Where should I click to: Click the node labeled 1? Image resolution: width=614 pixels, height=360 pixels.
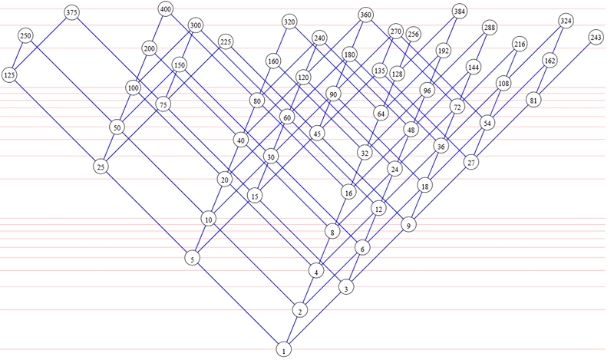click(284, 350)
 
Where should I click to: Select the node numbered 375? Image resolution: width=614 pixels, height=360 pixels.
click(72, 12)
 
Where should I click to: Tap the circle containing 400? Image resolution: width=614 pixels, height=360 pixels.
click(166, 9)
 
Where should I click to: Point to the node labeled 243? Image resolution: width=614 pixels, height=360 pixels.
click(596, 37)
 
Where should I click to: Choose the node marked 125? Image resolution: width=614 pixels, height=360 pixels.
click(10, 74)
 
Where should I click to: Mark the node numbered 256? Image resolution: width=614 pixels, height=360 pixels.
click(414, 34)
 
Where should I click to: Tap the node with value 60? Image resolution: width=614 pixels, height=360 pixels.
click(287, 117)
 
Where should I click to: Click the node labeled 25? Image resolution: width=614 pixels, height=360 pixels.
click(101, 166)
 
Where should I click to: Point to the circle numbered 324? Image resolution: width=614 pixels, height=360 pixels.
click(566, 20)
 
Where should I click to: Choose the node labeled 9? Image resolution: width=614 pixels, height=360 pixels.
click(409, 226)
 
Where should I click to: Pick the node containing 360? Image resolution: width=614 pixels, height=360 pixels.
click(365, 15)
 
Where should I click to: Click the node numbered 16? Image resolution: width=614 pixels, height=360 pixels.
click(348, 193)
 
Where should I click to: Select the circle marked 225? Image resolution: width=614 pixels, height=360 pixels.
click(226, 41)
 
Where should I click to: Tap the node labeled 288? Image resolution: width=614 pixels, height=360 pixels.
click(490, 28)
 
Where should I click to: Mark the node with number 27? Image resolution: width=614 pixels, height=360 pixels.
click(470, 163)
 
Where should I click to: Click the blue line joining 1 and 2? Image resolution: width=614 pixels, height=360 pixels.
click(292, 330)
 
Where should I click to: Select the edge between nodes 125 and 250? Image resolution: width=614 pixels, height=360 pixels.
click(18, 55)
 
